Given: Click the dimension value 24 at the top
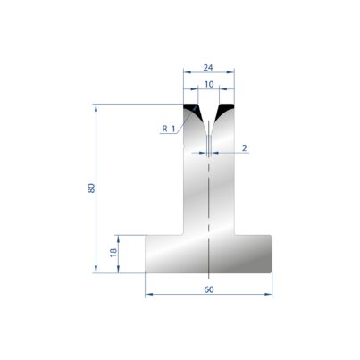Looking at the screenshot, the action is point(208,68).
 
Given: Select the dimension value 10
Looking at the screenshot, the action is point(209,84).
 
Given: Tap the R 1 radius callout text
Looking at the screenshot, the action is point(169,129).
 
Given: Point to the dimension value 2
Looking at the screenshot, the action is point(245,147).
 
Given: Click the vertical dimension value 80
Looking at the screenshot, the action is point(91,188).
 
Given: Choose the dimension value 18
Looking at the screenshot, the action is point(113,253).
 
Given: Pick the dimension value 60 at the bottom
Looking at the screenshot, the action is point(209,289).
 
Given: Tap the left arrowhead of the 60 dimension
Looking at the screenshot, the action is point(148,295).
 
